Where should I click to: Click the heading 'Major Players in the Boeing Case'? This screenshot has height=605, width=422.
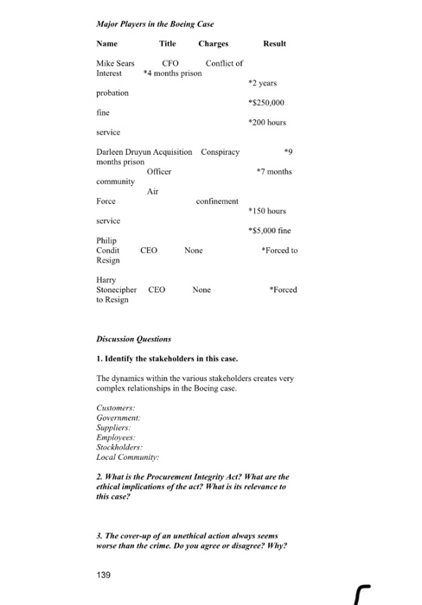pos(155,23)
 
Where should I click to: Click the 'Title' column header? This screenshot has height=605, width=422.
pos(167,43)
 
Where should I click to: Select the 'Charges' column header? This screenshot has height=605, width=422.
pos(213,43)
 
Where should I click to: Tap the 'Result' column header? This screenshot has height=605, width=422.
pos(274,43)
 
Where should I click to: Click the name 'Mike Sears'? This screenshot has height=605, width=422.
pos(115,64)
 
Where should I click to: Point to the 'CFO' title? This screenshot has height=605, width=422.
pos(170,64)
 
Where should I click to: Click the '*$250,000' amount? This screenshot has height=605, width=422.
pos(267,102)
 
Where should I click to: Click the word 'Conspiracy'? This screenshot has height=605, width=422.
pos(220,152)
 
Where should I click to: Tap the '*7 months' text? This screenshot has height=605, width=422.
pos(274,171)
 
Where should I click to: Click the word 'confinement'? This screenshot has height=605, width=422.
pos(217,201)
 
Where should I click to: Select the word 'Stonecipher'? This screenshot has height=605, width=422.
pos(118,290)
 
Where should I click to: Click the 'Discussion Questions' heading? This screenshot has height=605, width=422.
pos(133,339)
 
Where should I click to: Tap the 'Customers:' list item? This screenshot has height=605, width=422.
pos(115,406)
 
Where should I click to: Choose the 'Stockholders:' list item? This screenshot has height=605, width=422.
pos(119,448)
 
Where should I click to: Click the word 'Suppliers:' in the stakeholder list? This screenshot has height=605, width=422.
pos(114,427)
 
